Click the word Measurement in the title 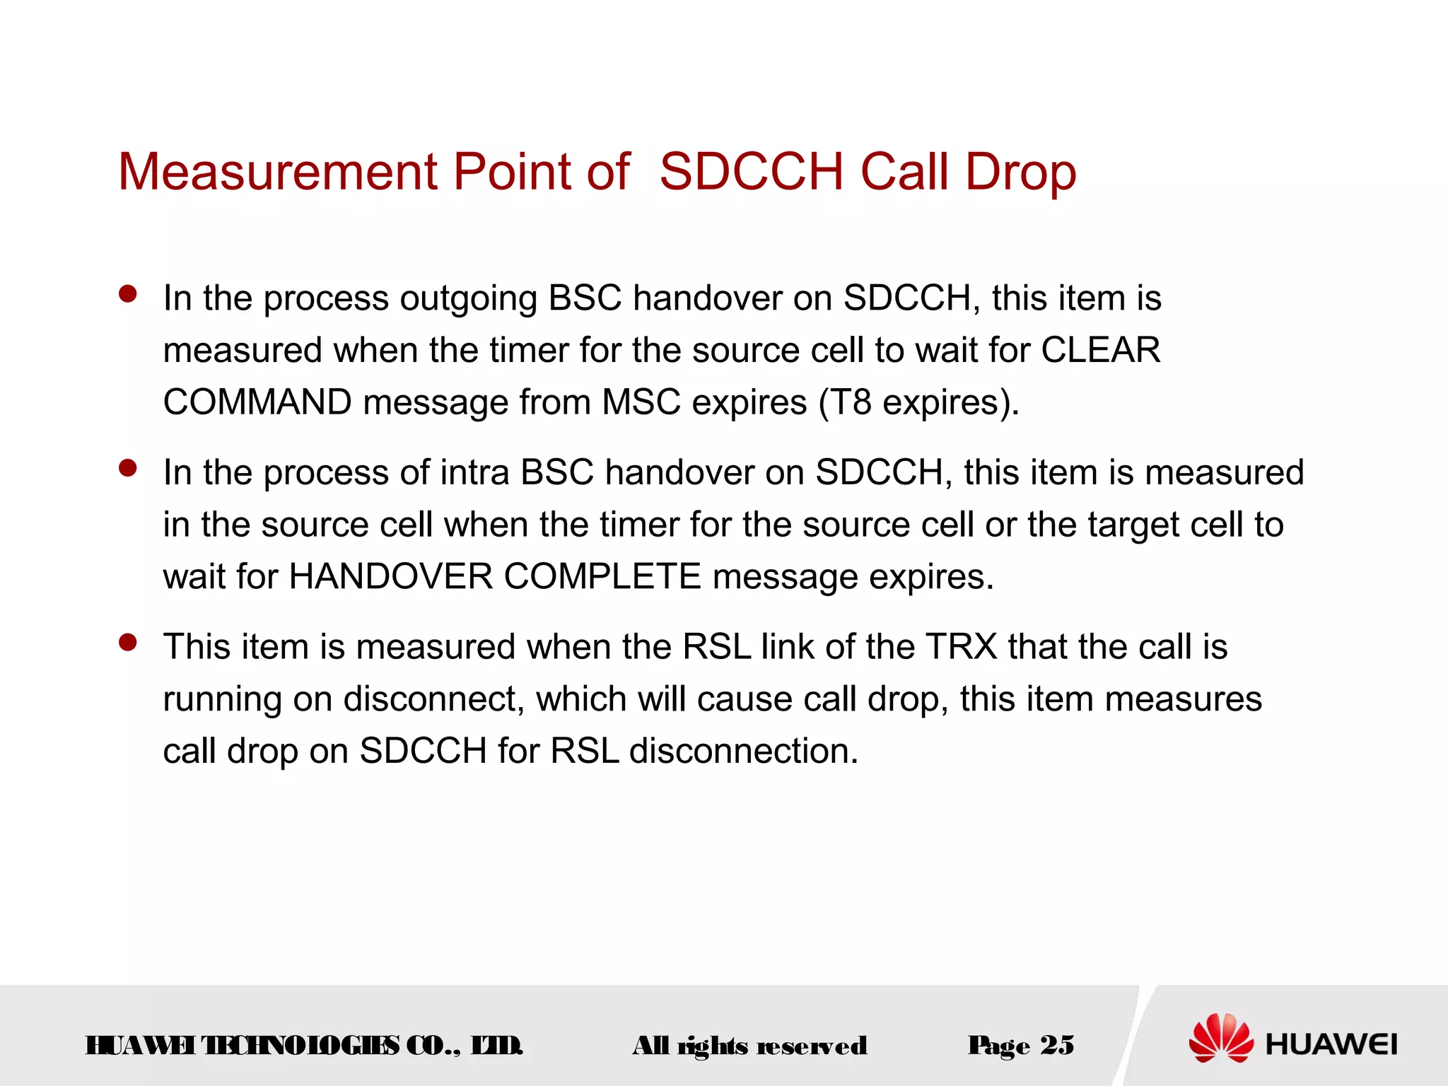[x=278, y=172]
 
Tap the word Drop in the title [x=1020, y=172]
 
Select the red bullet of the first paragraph [x=128, y=294]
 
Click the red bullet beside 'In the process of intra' [x=128, y=468]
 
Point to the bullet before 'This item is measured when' [x=128, y=643]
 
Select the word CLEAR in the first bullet [x=1100, y=350]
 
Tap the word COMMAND [x=257, y=402]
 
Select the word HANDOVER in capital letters [x=390, y=576]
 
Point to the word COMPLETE [x=602, y=576]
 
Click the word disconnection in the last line [x=743, y=751]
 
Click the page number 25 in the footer [x=1057, y=1045]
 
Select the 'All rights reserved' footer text [x=749, y=1046]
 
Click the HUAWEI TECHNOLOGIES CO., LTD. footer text [x=304, y=1046]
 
